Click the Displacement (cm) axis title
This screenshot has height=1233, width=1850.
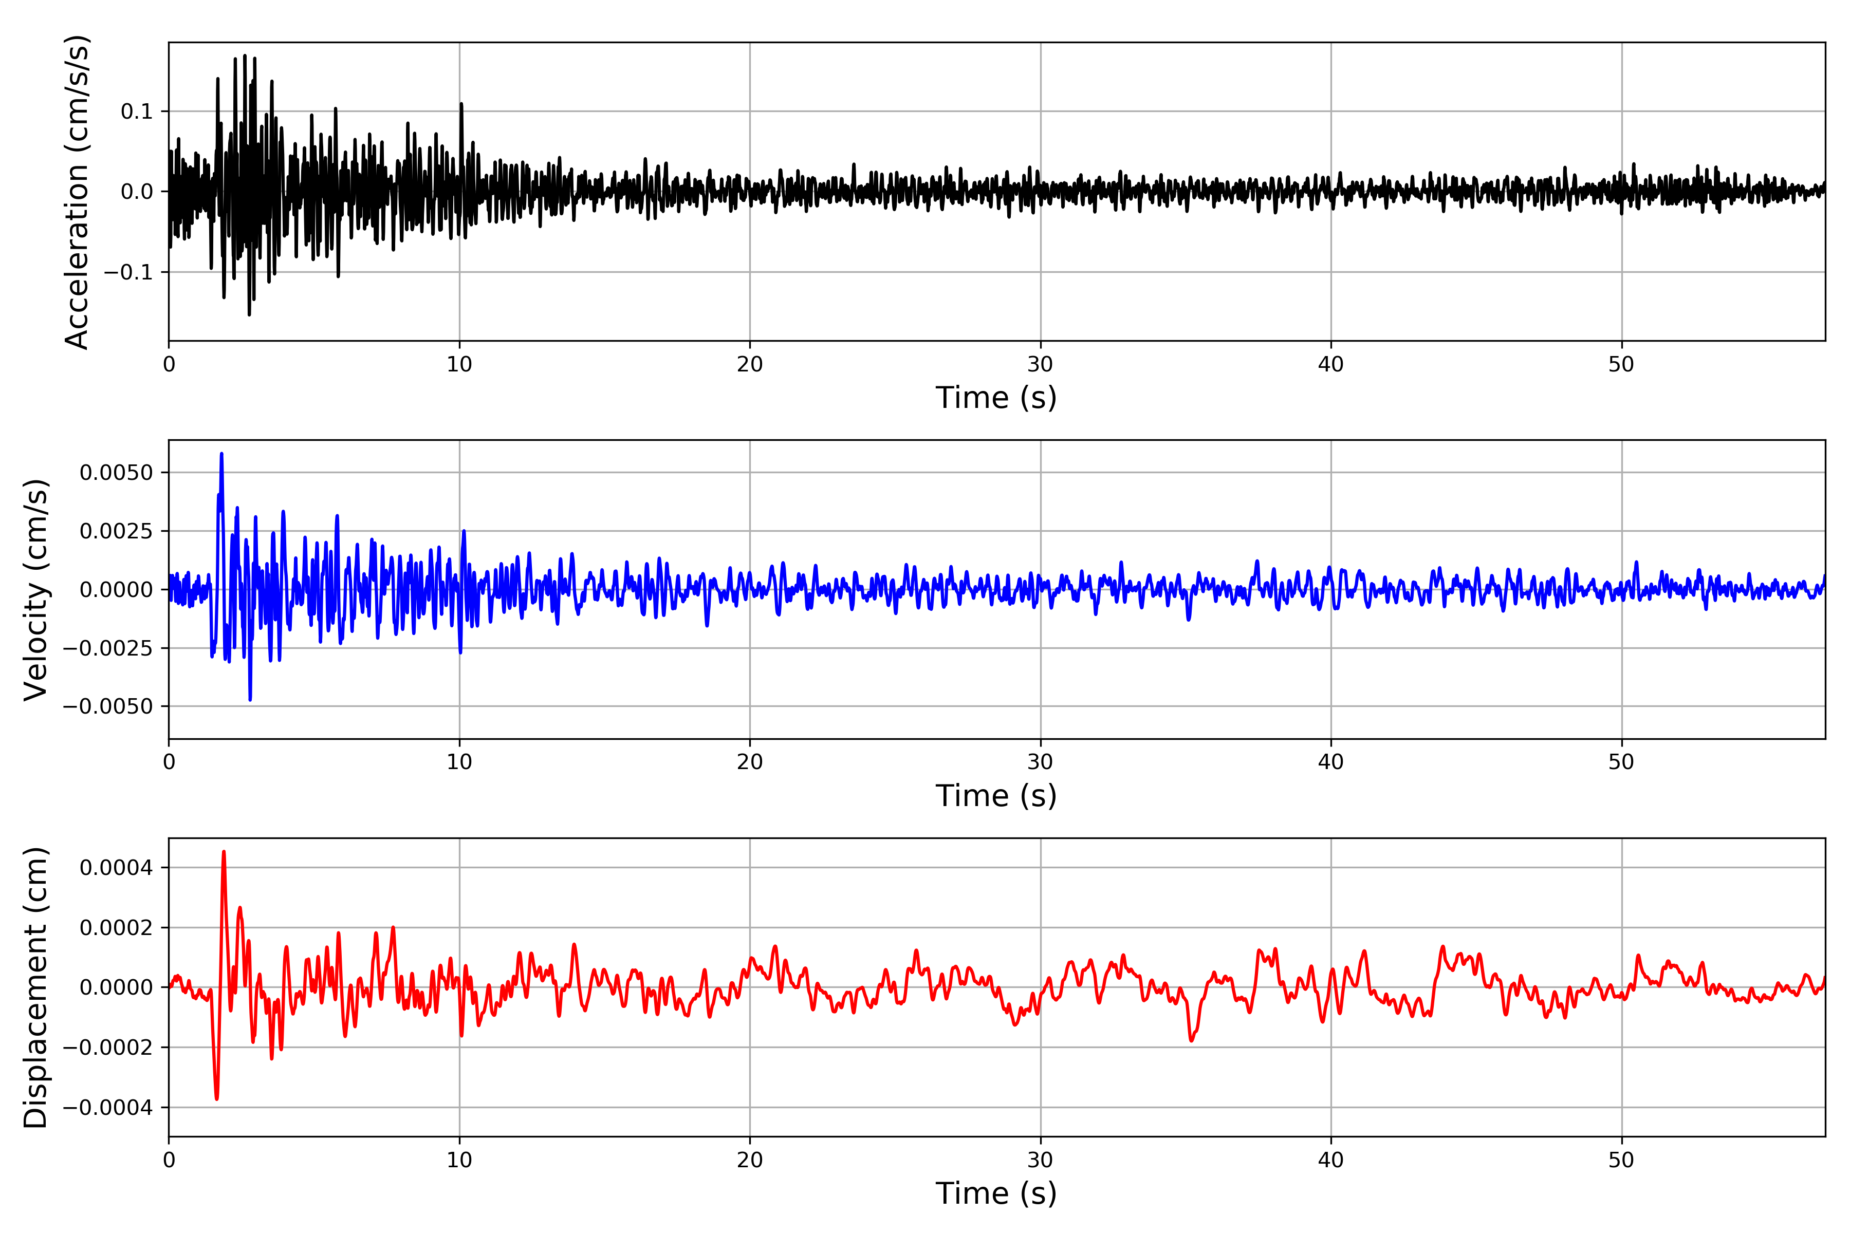[35, 987]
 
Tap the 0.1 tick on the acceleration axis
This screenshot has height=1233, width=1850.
[137, 111]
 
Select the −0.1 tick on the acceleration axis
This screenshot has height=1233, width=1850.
[128, 272]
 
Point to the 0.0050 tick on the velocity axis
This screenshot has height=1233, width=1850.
[117, 473]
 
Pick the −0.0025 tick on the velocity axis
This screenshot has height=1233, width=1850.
[108, 648]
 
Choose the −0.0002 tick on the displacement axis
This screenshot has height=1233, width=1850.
[108, 1048]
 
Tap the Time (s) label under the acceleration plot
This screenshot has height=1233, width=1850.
[996, 398]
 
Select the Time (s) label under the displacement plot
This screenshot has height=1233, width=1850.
[996, 1193]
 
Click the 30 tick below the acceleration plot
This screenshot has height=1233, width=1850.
[1040, 365]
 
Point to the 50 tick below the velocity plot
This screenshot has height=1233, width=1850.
[1621, 762]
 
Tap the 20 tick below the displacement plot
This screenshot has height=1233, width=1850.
[750, 1160]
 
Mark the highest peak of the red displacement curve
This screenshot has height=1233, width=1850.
[224, 852]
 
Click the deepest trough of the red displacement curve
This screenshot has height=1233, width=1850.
[216, 1098]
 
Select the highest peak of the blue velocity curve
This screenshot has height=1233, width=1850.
[222, 454]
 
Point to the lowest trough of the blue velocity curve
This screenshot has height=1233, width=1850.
[250, 699]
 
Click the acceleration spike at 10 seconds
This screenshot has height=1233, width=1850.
[461, 104]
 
